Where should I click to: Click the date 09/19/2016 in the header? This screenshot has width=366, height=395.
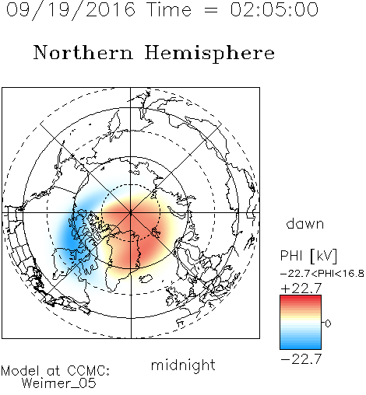[71, 10]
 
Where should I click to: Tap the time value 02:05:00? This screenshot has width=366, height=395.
[274, 9]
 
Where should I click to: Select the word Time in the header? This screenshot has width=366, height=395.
[169, 9]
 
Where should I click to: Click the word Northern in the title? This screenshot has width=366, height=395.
[83, 52]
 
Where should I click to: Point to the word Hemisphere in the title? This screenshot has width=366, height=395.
[209, 54]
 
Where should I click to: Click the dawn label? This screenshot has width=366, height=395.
[305, 223]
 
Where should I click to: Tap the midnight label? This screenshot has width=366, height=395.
[183, 365]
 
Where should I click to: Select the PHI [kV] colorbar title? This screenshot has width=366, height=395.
[308, 256]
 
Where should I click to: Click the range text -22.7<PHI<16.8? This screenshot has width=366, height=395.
[322, 274]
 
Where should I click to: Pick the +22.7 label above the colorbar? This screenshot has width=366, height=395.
[301, 288]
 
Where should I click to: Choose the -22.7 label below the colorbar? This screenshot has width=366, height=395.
[301, 359]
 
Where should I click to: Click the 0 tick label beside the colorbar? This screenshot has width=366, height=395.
[328, 323]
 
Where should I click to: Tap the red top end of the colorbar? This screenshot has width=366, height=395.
[301, 297]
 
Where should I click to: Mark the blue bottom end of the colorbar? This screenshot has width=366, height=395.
[301, 348]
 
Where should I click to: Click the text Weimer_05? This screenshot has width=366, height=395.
[59, 383]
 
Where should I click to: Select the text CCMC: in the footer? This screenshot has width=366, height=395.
[89, 371]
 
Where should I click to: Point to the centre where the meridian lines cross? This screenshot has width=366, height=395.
[131, 212]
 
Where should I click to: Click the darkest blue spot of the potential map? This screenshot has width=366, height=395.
[69, 239]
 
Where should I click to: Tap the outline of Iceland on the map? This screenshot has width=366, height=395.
[146, 279]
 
